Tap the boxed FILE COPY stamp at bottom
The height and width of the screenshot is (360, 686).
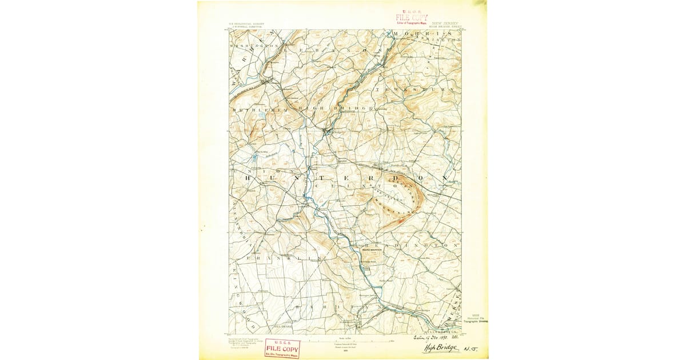click(x=282, y=348)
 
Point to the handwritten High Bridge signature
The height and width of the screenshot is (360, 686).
click(x=442, y=348)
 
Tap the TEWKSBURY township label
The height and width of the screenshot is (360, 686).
click(x=415, y=90)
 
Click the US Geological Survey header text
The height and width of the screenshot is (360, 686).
click(x=243, y=25)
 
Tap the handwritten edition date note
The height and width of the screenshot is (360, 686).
click(x=444, y=338)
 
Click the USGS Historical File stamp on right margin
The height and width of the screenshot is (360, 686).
click(x=476, y=319)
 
